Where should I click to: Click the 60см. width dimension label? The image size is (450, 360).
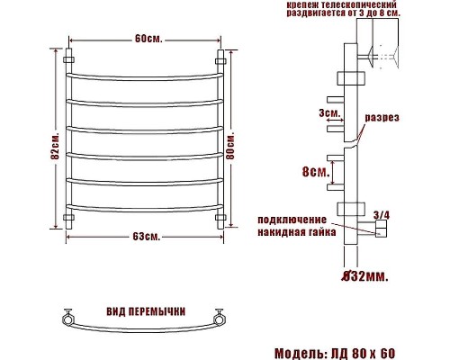[143, 40]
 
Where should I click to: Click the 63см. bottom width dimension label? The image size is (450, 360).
[145, 237]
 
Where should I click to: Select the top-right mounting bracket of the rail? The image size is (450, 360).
[220, 60]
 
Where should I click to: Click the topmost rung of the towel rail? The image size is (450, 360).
[143, 71]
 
